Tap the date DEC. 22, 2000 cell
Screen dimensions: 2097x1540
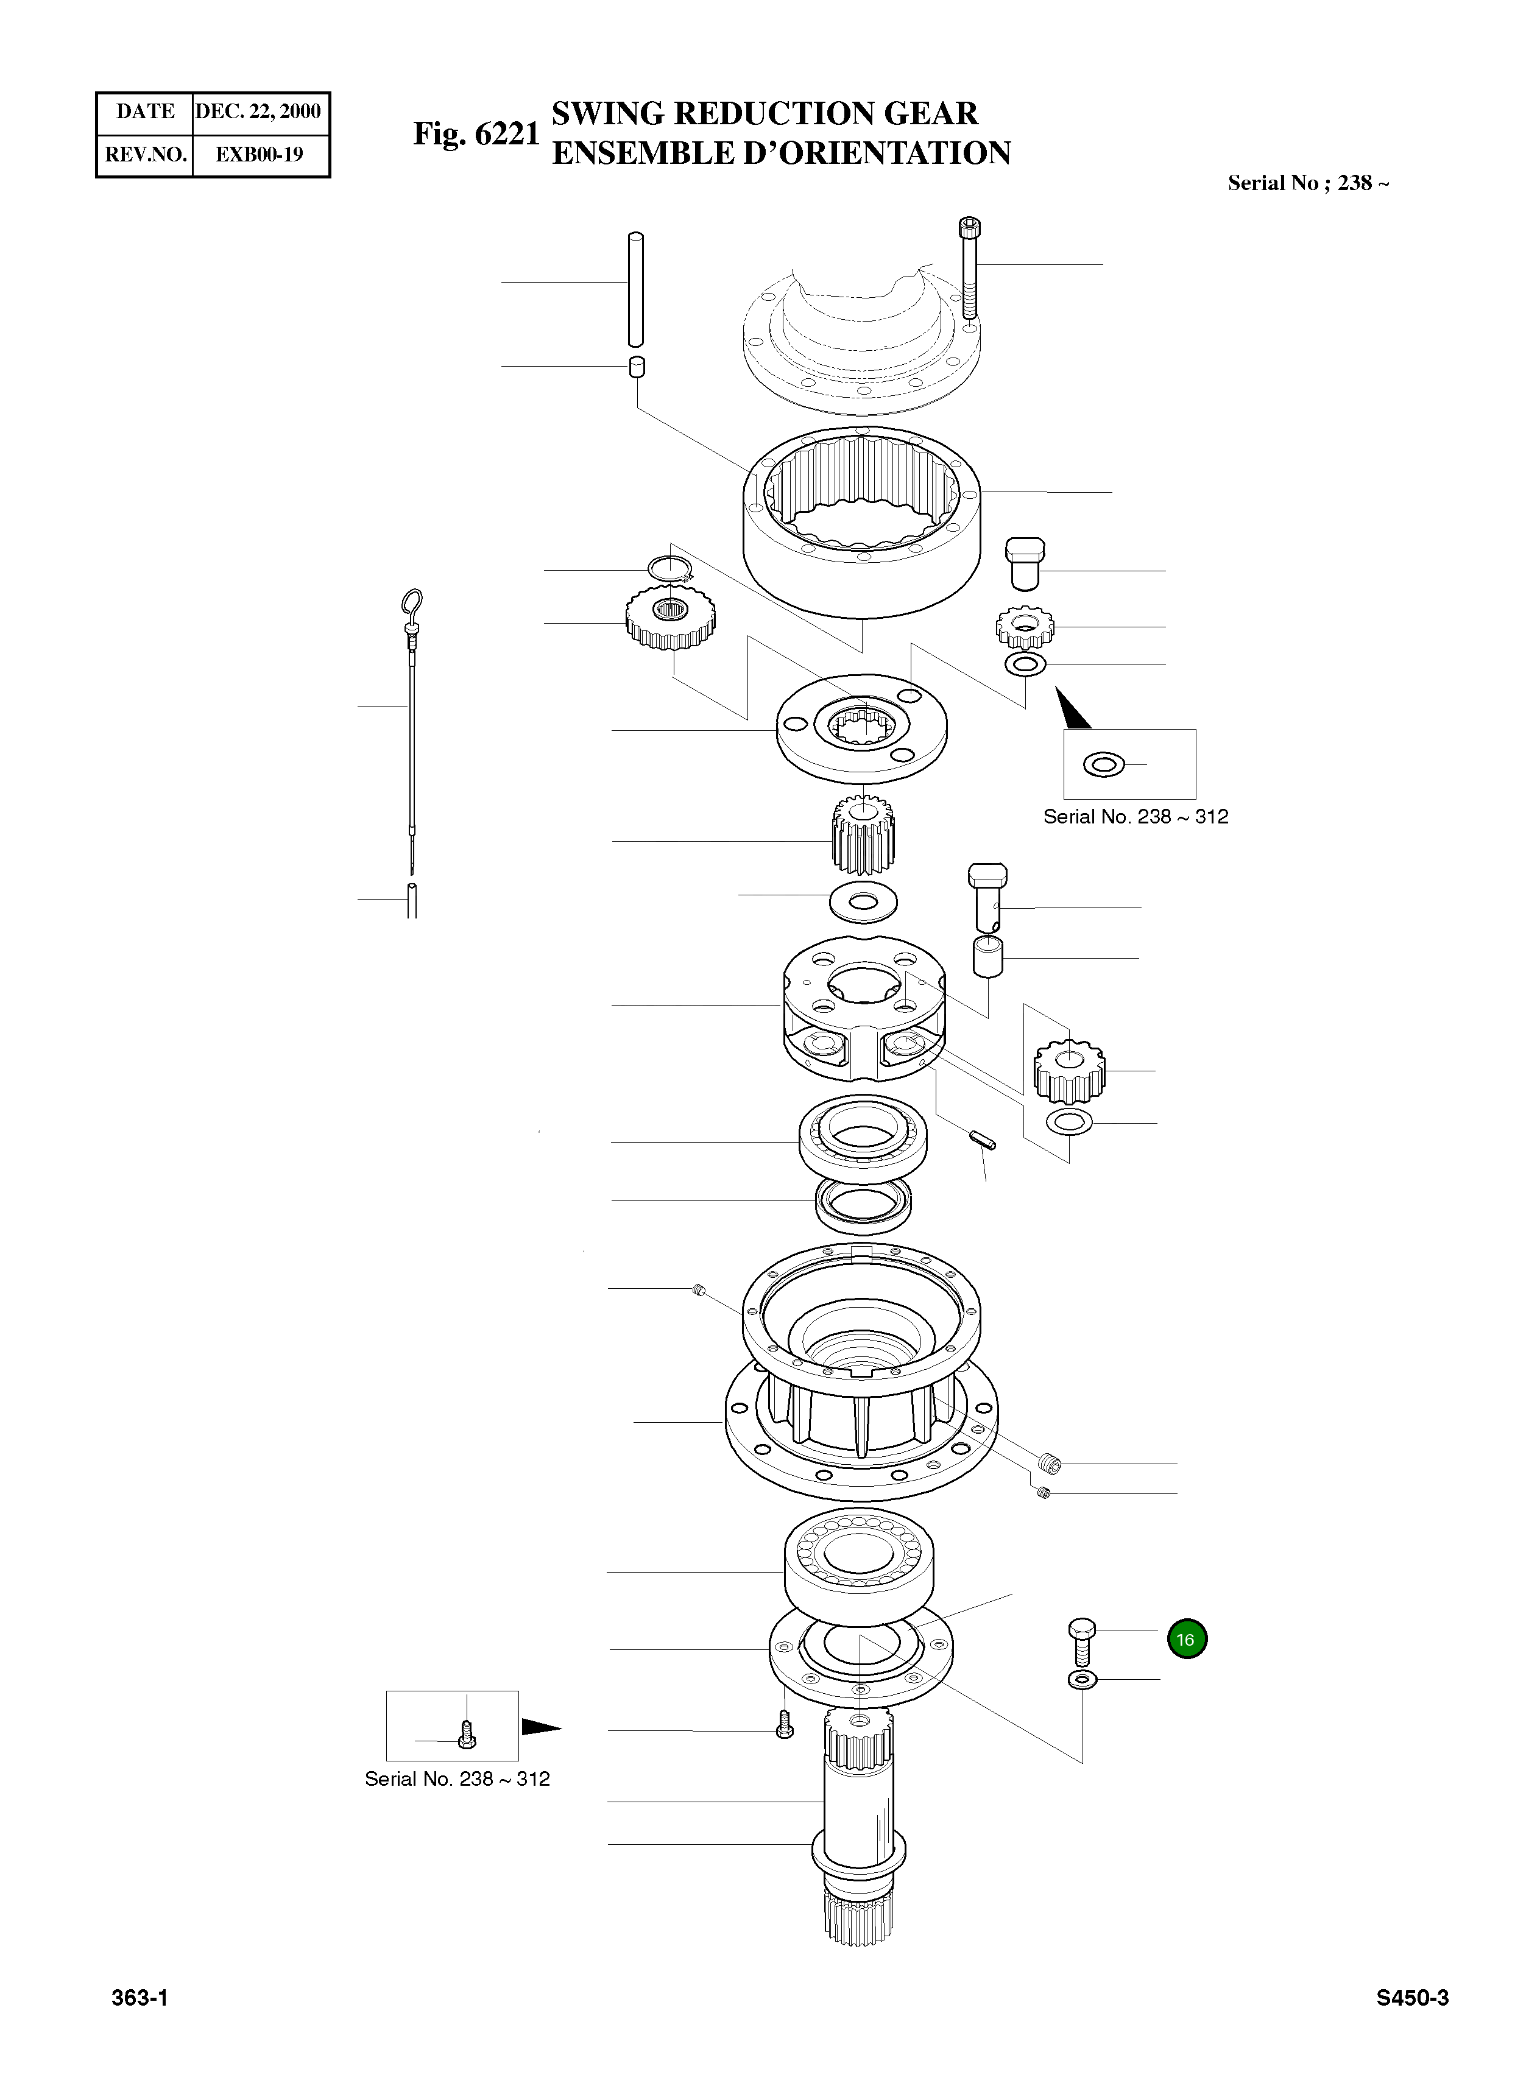point(258,112)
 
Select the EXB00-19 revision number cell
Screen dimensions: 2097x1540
point(259,155)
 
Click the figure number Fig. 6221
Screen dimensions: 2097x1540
point(476,134)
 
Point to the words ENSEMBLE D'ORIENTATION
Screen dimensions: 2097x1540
point(780,153)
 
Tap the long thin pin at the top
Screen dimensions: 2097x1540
point(637,289)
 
